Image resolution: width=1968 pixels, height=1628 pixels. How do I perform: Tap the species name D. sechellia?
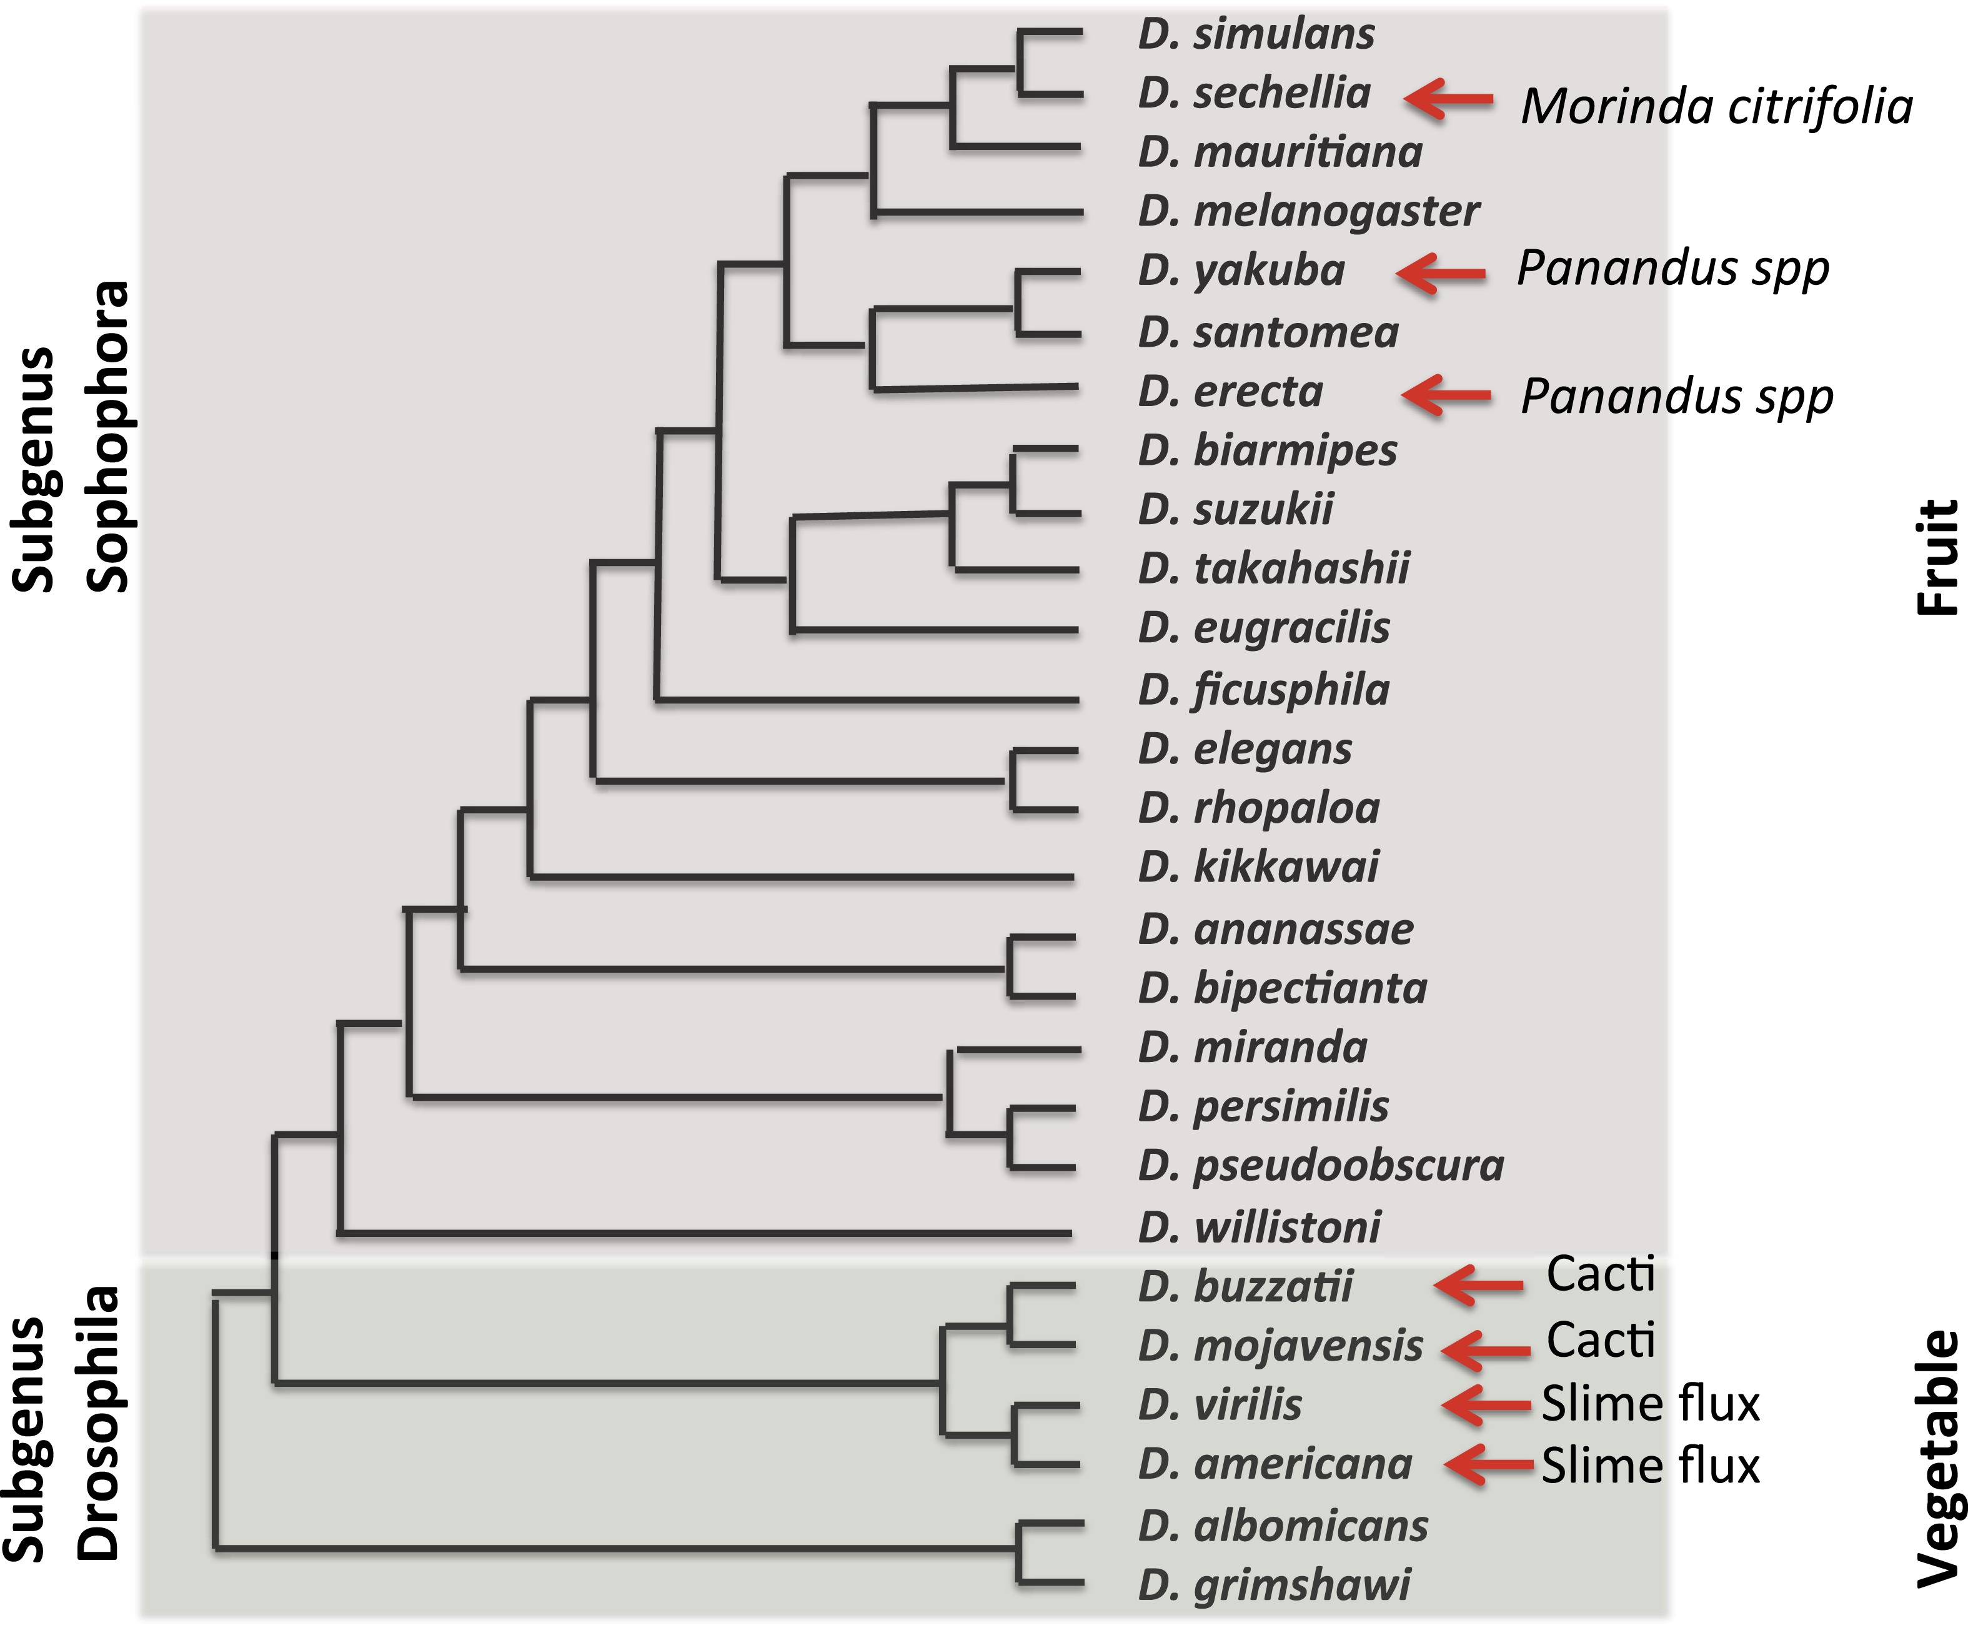pyautogui.click(x=1254, y=94)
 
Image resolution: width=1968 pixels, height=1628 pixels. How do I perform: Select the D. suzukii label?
pyautogui.click(x=1235, y=510)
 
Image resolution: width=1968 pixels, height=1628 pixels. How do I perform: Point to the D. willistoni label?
pyautogui.click(x=1258, y=1228)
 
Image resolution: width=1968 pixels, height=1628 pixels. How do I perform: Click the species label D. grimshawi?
pyautogui.click(x=1273, y=1585)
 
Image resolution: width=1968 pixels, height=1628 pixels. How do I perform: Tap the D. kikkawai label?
pyautogui.click(x=1258, y=867)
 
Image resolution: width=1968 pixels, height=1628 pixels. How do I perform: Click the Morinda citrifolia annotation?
pyautogui.click(x=1716, y=107)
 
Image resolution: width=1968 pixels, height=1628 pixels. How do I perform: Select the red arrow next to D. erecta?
pyautogui.click(x=1445, y=395)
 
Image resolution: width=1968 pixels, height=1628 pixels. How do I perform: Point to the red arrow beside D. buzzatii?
pyautogui.click(x=1478, y=1285)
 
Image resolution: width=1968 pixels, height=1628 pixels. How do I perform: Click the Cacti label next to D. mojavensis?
pyautogui.click(x=1599, y=1340)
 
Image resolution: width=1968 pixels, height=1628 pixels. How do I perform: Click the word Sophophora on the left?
pyautogui.click(x=107, y=437)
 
